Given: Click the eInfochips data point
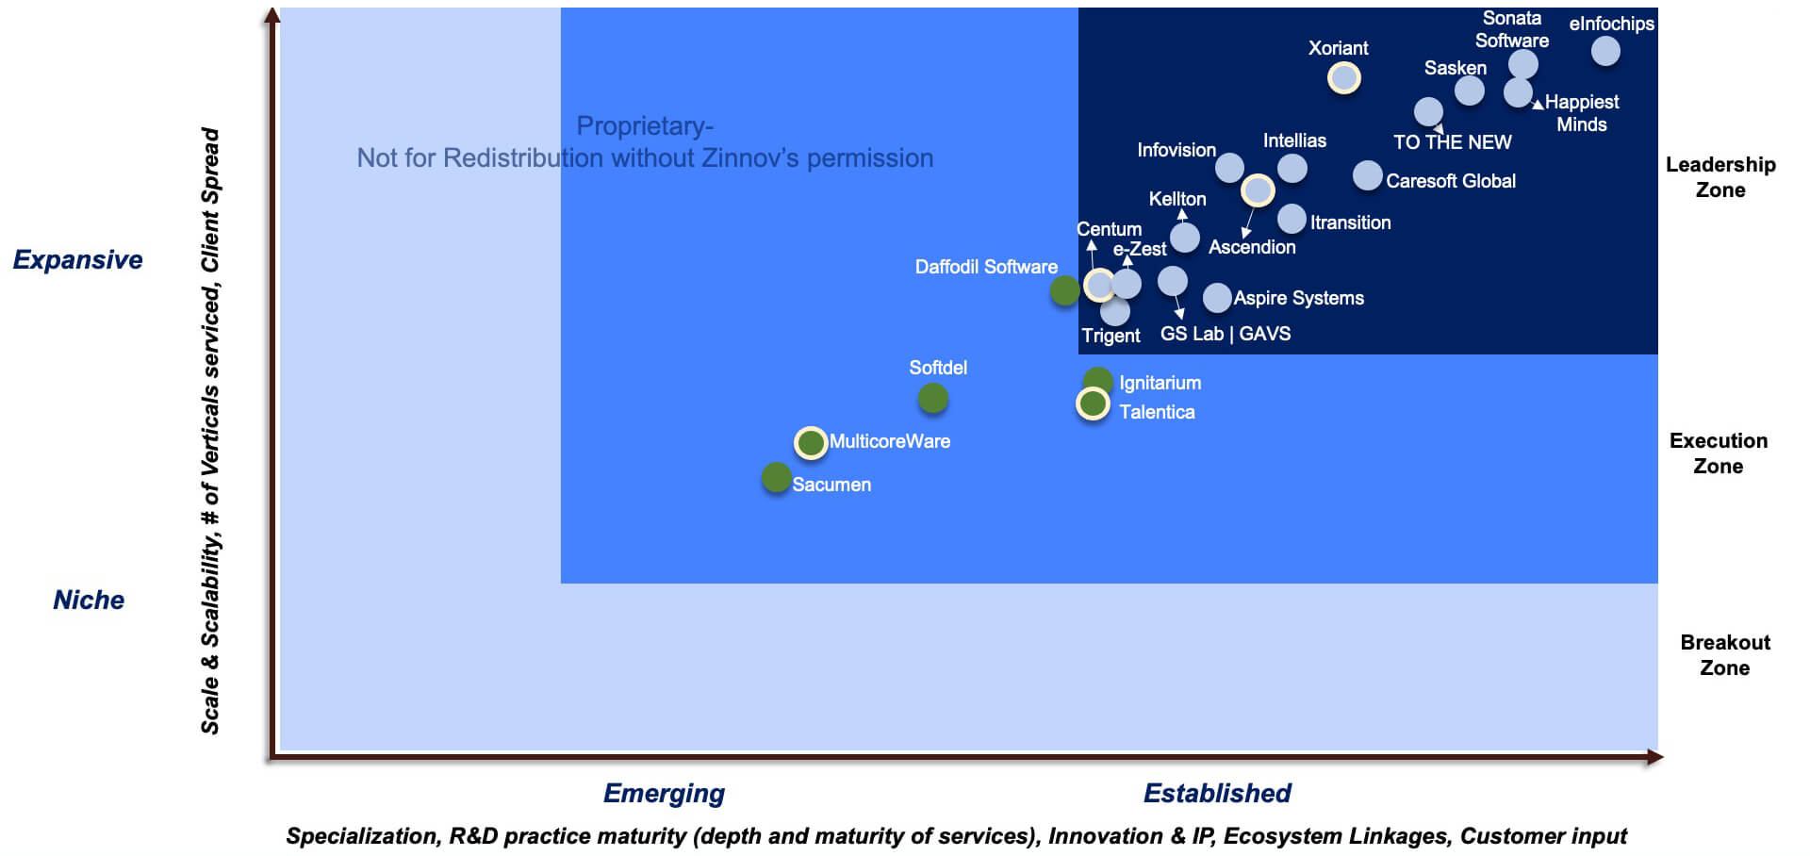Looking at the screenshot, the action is [1605, 51].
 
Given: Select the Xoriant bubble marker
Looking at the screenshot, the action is [1344, 77].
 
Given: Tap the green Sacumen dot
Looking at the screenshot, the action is [776, 478].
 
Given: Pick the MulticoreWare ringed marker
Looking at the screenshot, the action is [811, 442].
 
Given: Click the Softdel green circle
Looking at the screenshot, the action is [932, 399].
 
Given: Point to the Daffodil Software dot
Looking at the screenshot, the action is [1065, 290].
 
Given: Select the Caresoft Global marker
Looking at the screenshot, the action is [1367, 175].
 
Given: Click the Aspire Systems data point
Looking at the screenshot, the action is [1217, 298].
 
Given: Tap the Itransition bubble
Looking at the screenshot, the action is [1292, 219].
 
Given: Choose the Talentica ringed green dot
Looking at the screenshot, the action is [1093, 403].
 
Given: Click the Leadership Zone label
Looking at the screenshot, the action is [1720, 177].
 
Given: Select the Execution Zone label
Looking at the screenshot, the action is [1719, 453].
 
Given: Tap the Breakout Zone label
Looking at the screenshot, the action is [1725, 655].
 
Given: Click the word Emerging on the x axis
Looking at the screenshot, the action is [664, 793].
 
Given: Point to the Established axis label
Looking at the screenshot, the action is [1217, 793].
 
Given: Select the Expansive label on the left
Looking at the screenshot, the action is [77, 259].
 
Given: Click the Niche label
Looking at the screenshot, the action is [89, 600].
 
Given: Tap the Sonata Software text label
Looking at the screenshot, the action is [1512, 29].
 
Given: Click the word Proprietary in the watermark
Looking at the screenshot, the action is [642, 126].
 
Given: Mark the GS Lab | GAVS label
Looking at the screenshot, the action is [1226, 334].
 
